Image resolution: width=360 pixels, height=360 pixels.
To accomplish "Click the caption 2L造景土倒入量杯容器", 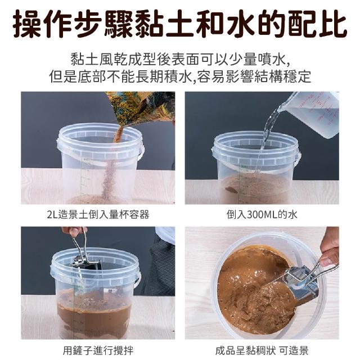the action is [x=98, y=215].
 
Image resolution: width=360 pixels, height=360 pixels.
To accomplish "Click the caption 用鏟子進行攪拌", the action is [x=98, y=350].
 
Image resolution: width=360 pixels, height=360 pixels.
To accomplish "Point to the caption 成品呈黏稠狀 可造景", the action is [x=262, y=350].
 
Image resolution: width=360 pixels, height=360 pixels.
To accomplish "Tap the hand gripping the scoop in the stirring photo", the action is [x=74, y=231].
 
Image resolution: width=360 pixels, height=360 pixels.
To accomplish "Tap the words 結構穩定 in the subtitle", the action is [x=283, y=76].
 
